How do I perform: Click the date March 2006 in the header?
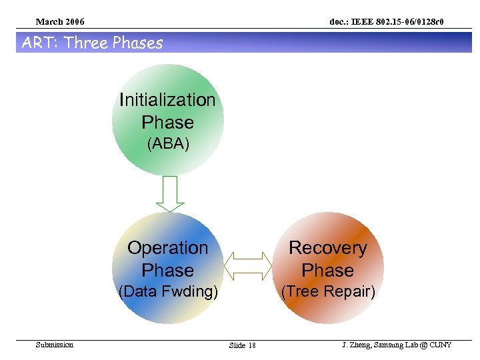coord(60,23)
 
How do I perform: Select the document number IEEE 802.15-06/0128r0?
coord(386,23)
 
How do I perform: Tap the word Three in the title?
coord(87,43)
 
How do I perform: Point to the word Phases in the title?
coord(137,43)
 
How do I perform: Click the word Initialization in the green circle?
coord(167,100)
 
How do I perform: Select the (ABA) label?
coord(168,144)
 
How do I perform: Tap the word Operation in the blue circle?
coord(168,248)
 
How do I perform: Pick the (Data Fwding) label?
coord(168,292)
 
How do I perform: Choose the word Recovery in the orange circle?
coord(327,248)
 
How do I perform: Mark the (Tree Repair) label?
coord(328,292)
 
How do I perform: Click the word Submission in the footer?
coord(55,345)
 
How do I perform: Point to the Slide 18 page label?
coord(242,345)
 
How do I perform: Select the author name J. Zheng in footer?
coord(357,345)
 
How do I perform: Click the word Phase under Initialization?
coord(168,123)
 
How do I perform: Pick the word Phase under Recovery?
coord(327,271)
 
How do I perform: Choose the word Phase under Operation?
coord(168,271)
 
